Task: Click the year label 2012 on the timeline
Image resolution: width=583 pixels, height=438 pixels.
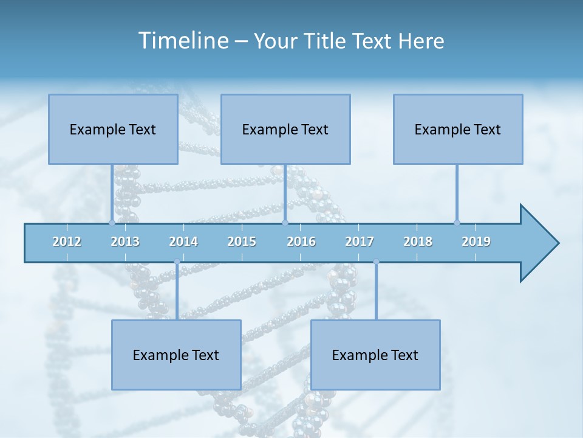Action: point(67,242)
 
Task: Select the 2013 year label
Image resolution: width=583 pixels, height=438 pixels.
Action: point(125,242)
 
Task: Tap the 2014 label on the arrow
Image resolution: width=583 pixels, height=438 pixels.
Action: point(183,242)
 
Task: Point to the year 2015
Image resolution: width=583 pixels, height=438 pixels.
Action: point(242,242)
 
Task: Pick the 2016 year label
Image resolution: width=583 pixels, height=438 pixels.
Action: point(301,242)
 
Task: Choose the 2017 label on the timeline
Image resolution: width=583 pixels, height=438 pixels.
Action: point(360,242)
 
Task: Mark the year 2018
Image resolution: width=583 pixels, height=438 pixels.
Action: point(418,242)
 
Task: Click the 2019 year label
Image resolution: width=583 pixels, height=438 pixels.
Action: point(476,242)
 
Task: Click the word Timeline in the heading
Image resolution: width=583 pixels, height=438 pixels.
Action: point(182,41)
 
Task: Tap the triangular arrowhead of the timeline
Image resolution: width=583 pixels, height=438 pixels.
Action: point(537,243)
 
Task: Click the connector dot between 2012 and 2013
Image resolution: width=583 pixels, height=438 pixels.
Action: point(112,223)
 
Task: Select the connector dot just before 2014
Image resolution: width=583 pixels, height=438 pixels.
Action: point(177,262)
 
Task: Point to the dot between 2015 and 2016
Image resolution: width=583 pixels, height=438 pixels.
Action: point(285,223)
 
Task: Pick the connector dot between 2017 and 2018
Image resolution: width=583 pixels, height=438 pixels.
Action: point(376,262)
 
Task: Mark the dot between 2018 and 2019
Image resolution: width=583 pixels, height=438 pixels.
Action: point(457,223)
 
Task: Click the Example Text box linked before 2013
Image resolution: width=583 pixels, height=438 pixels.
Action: point(113,129)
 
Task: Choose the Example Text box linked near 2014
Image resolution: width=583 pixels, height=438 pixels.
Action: point(176,355)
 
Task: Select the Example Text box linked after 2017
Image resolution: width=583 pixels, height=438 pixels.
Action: point(375,355)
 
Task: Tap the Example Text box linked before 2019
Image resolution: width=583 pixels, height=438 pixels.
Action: point(458,129)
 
